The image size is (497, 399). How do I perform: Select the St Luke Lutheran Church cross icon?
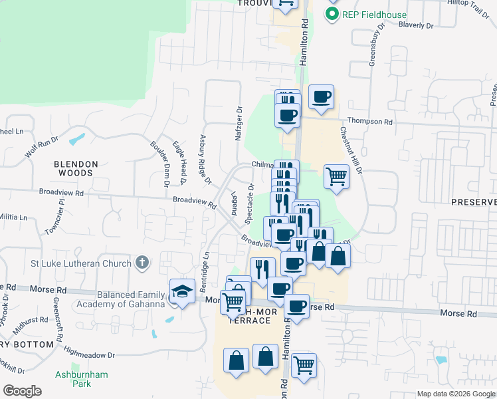142,263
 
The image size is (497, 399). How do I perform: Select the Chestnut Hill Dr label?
351,151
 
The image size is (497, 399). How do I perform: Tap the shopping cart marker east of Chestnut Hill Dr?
336,177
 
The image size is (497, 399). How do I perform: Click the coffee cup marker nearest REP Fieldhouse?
321,98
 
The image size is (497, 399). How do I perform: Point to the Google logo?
23,391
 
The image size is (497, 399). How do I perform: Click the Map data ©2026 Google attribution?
456,394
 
